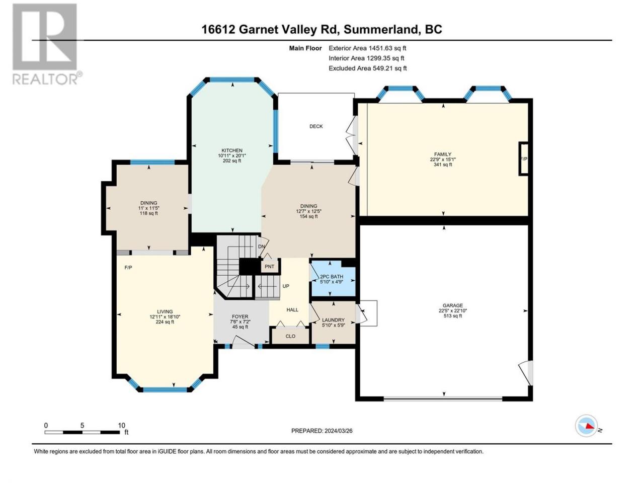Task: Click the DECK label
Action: point(316,126)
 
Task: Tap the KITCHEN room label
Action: point(232,150)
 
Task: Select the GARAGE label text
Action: point(453,305)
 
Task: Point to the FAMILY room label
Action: point(443,154)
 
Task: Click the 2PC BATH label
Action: point(332,277)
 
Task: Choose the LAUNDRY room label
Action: point(333,320)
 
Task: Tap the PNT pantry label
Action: point(269,267)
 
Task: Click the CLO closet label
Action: point(290,336)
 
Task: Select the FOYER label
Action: point(240,316)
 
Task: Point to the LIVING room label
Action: point(165,311)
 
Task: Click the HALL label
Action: point(292,310)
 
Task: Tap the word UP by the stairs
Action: point(286,286)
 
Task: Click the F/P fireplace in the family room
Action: point(524,159)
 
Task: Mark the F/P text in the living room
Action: point(128,268)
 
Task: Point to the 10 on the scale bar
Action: point(121,426)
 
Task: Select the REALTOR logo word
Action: point(45,79)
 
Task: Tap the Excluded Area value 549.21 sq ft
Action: point(389,68)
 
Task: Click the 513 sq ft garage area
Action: point(453,316)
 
